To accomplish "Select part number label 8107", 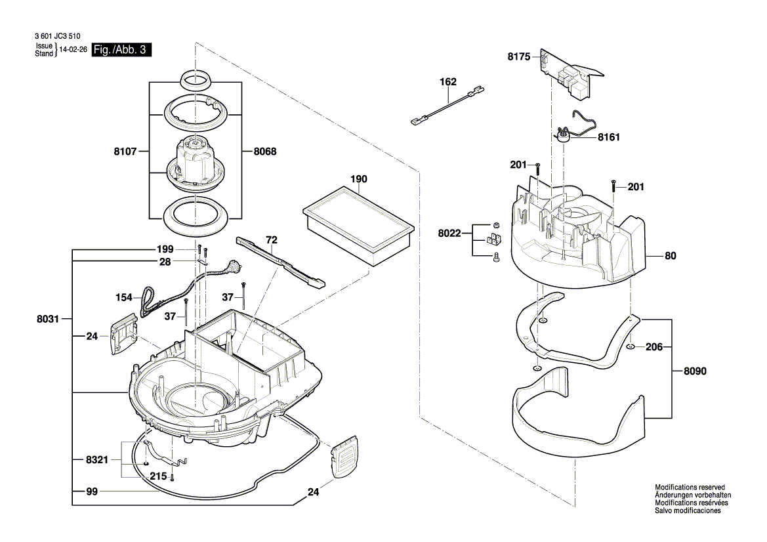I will coord(124,152).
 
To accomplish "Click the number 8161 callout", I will coord(608,138).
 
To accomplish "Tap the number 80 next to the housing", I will coord(670,257).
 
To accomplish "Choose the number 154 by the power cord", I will coord(123,298).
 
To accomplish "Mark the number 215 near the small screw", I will coord(158,476).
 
